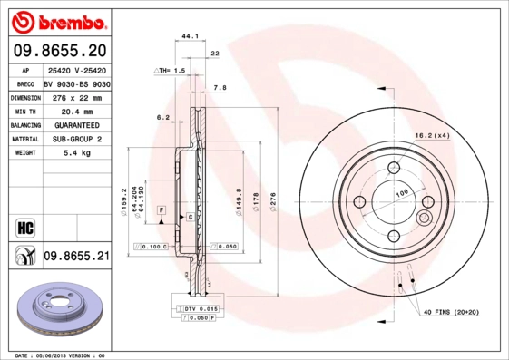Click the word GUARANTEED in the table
coord(76,125)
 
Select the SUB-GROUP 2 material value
coord(76,140)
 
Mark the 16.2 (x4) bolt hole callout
coord(433,135)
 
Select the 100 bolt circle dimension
coord(401,192)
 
